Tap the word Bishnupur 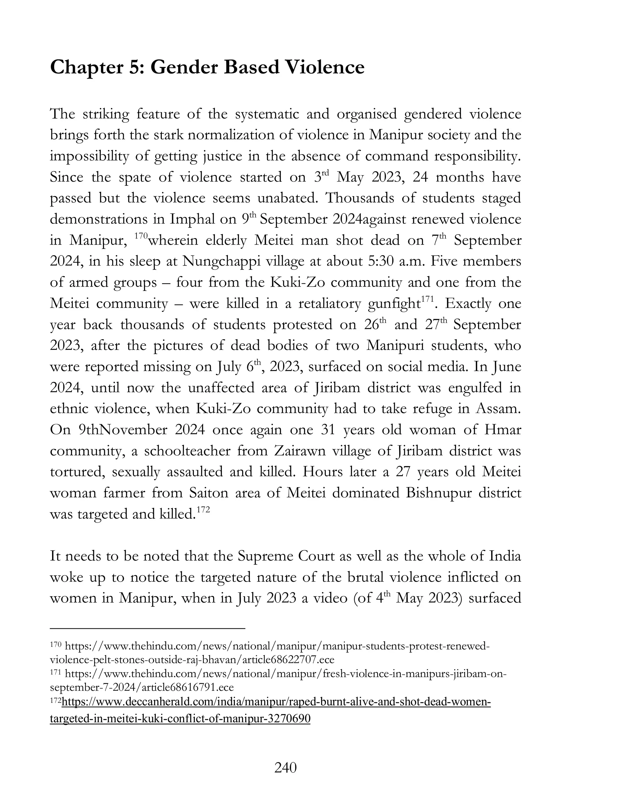coord(438,493)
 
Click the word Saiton coord(210,493)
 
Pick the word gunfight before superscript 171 coord(394,304)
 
